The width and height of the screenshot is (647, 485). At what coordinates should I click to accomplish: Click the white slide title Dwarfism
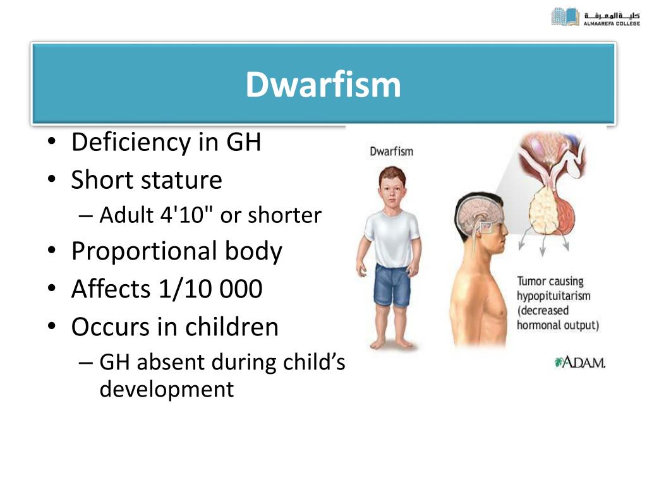click(323, 85)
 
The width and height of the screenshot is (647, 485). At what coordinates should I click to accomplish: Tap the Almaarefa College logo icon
click(565, 17)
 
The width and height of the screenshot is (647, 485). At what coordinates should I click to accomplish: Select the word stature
click(181, 180)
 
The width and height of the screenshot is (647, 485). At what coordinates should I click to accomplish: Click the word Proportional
click(144, 251)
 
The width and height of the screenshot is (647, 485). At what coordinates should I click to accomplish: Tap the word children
click(231, 326)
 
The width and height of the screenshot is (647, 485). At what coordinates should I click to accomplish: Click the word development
click(167, 389)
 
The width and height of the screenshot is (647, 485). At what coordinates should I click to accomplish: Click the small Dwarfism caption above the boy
click(391, 152)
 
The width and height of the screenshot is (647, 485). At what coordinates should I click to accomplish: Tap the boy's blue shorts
click(392, 285)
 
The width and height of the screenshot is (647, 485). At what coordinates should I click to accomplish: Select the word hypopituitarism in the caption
click(553, 296)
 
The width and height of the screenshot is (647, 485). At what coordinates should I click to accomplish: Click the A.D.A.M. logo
click(580, 363)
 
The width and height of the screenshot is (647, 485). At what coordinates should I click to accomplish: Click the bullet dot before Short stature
click(51, 180)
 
